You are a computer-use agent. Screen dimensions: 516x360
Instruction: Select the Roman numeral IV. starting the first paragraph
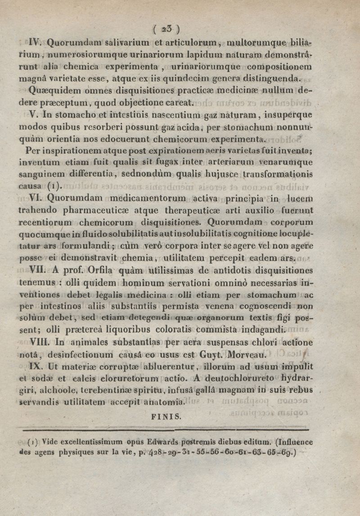pyautogui.click(x=36, y=44)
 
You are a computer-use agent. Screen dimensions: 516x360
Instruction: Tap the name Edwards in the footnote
pyautogui.click(x=154, y=441)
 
